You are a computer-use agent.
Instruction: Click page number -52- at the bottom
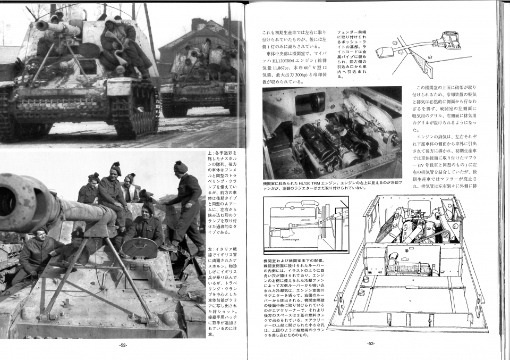coord(123,345)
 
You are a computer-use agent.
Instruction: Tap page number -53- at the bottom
coord(371,343)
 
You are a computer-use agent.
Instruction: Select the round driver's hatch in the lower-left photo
coord(139,248)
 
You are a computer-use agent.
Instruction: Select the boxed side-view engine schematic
coord(305,225)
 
